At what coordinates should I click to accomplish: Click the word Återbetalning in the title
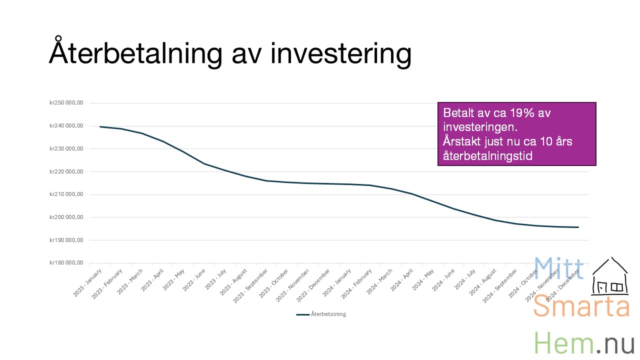(135, 52)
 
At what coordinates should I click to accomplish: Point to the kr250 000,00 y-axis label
(66, 102)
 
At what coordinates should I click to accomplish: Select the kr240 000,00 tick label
(66, 125)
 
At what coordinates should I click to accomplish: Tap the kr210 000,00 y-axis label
(66, 194)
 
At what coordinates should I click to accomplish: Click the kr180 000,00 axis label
(66, 262)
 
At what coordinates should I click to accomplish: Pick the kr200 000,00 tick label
(66, 217)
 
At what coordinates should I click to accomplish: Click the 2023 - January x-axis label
(87, 282)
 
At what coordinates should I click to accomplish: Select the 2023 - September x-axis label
(250, 285)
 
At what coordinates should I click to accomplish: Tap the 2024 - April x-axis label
(402, 280)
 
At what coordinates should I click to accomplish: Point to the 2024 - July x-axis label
(465, 279)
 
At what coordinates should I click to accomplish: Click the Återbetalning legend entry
(321, 314)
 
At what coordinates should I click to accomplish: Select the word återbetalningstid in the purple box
(487, 156)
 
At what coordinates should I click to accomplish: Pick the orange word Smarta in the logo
(581, 306)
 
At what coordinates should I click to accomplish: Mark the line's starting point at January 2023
(100, 126)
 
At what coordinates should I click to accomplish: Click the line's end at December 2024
(578, 227)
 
